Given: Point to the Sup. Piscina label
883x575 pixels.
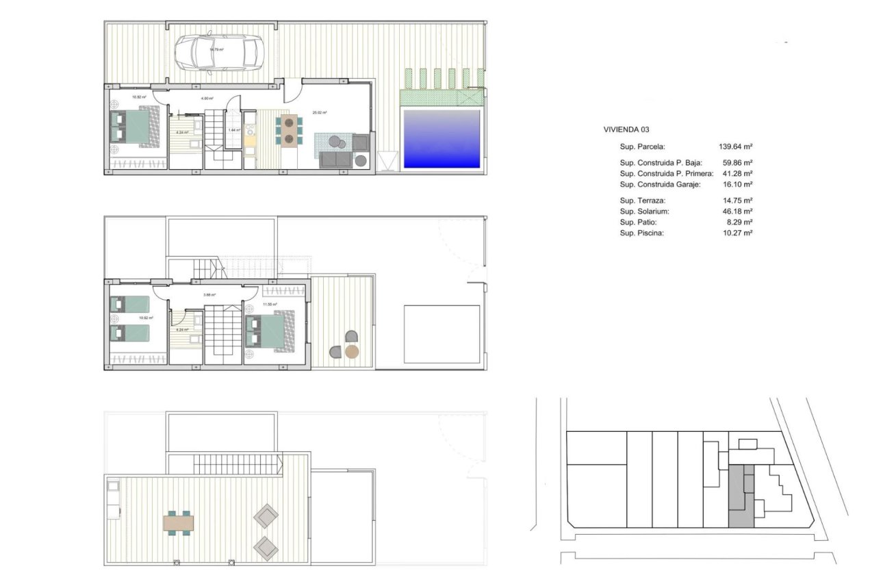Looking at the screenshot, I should [x=641, y=233].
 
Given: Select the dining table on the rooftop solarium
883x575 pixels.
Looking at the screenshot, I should [x=179, y=523].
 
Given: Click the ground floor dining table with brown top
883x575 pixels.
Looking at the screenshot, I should [x=291, y=131].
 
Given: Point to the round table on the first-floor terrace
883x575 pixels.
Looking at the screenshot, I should [x=352, y=352].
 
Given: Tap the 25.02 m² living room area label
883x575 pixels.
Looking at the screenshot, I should [x=319, y=112].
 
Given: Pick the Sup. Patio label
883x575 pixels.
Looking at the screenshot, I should [x=637, y=222].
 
